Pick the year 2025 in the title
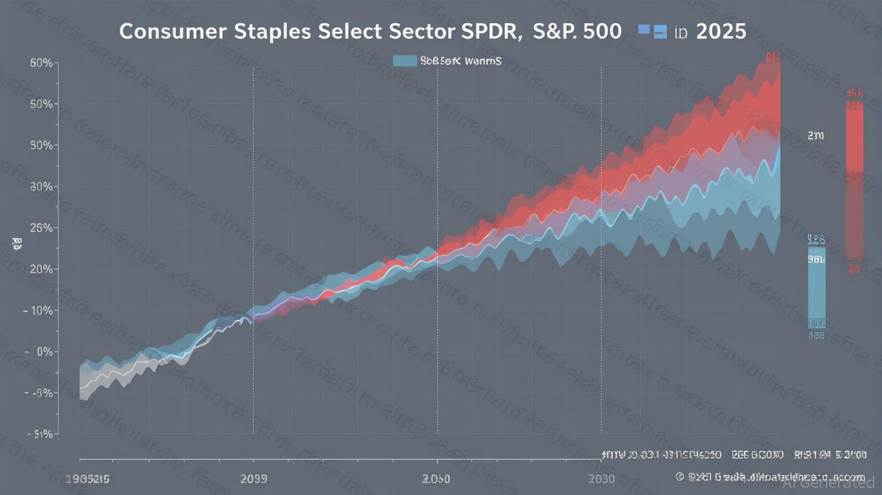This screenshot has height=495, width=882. pyautogui.click(x=721, y=32)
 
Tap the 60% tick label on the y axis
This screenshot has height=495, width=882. pyautogui.click(x=41, y=63)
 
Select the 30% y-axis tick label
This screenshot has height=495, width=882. pyautogui.click(x=41, y=187)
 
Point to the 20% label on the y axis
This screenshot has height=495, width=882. pyautogui.click(x=41, y=269)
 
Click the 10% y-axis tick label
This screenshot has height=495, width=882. pyautogui.click(x=41, y=311)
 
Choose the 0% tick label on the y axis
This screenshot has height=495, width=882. pyautogui.click(x=44, y=352)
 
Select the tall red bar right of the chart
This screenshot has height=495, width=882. pyautogui.click(x=855, y=180)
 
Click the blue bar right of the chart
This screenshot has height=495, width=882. pyautogui.click(x=816, y=287)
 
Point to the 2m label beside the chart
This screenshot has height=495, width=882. pyautogui.click(x=816, y=136)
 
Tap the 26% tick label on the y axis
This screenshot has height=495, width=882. pyautogui.click(x=41, y=228)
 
